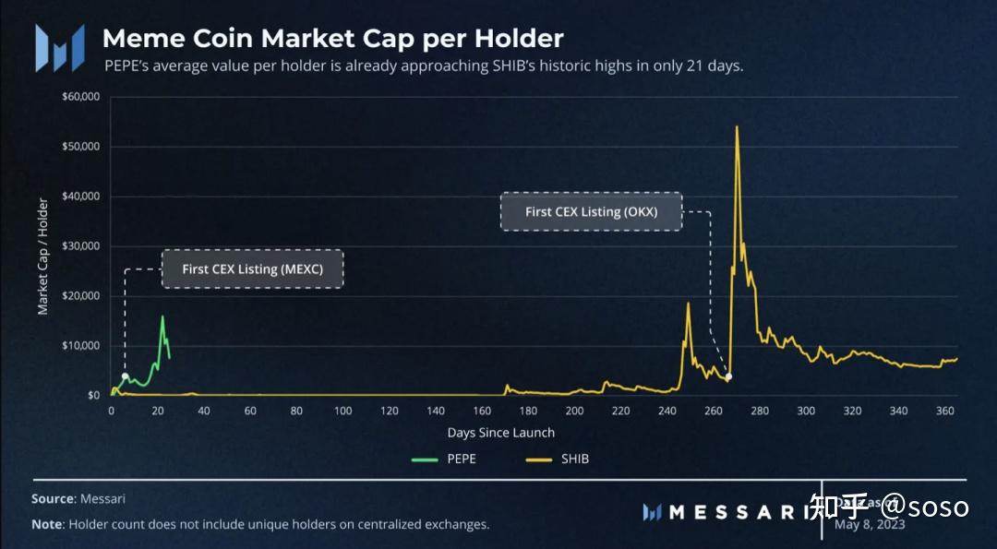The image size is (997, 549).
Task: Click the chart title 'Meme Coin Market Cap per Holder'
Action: [332, 39]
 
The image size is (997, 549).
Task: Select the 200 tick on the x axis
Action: [575, 412]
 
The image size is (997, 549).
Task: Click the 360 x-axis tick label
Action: [944, 412]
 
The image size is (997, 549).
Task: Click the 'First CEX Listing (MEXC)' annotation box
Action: [252, 269]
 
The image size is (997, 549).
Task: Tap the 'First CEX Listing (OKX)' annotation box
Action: [591, 211]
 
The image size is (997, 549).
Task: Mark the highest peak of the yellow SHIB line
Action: [736, 126]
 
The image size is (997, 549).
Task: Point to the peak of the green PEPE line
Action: [162, 316]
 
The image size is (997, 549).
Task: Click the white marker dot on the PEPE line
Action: [125, 376]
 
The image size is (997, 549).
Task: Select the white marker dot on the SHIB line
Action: [728, 376]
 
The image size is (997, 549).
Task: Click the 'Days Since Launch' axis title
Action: [501, 433]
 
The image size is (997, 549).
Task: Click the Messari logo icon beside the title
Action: [60, 48]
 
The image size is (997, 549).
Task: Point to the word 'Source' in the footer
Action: [52, 498]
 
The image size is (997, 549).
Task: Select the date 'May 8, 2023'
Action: [870, 524]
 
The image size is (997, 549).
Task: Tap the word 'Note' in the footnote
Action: [46, 524]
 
